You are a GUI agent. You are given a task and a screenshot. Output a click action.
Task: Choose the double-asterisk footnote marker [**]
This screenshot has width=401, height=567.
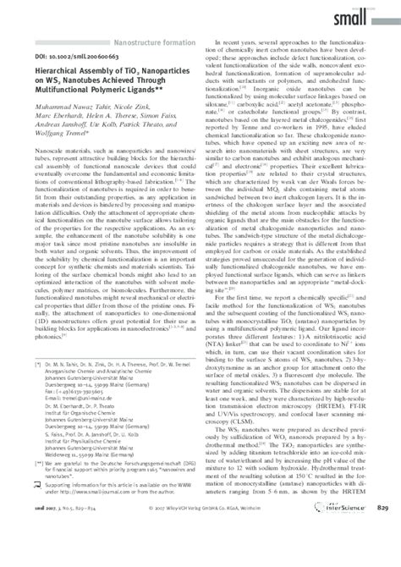37,487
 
